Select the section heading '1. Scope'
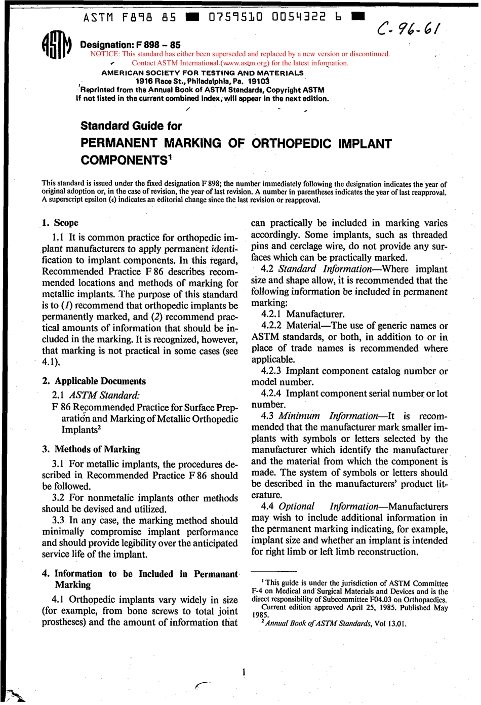(x=60, y=223)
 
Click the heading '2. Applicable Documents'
(x=94, y=381)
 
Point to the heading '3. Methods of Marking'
(x=91, y=449)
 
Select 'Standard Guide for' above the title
(x=131, y=126)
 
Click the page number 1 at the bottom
(x=244, y=673)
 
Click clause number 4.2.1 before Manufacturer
(x=272, y=314)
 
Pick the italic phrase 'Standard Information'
(x=325, y=269)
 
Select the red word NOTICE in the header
(x=104, y=54)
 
